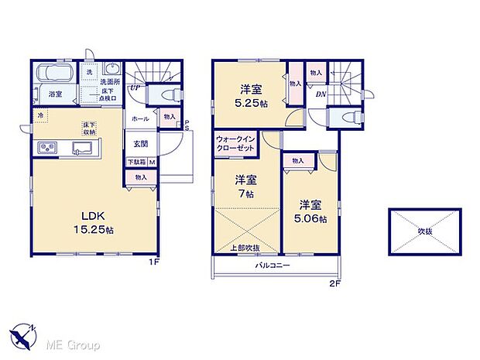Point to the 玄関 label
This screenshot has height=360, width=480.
tap(141, 142)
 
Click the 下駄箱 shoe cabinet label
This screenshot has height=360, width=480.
tap(136, 162)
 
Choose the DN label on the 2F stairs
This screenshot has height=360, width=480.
tap(321, 94)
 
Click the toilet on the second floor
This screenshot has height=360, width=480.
tap(345, 118)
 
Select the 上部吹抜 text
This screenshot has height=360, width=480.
tap(245, 247)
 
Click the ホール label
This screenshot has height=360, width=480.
tap(140, 119)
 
